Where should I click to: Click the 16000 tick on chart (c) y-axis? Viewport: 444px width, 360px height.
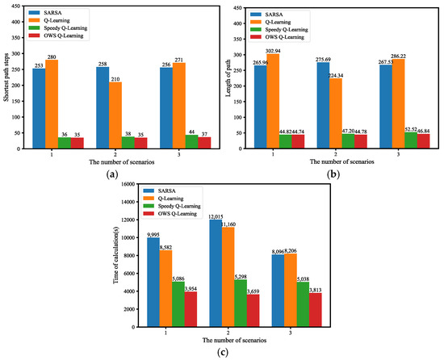click(130, 184)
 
